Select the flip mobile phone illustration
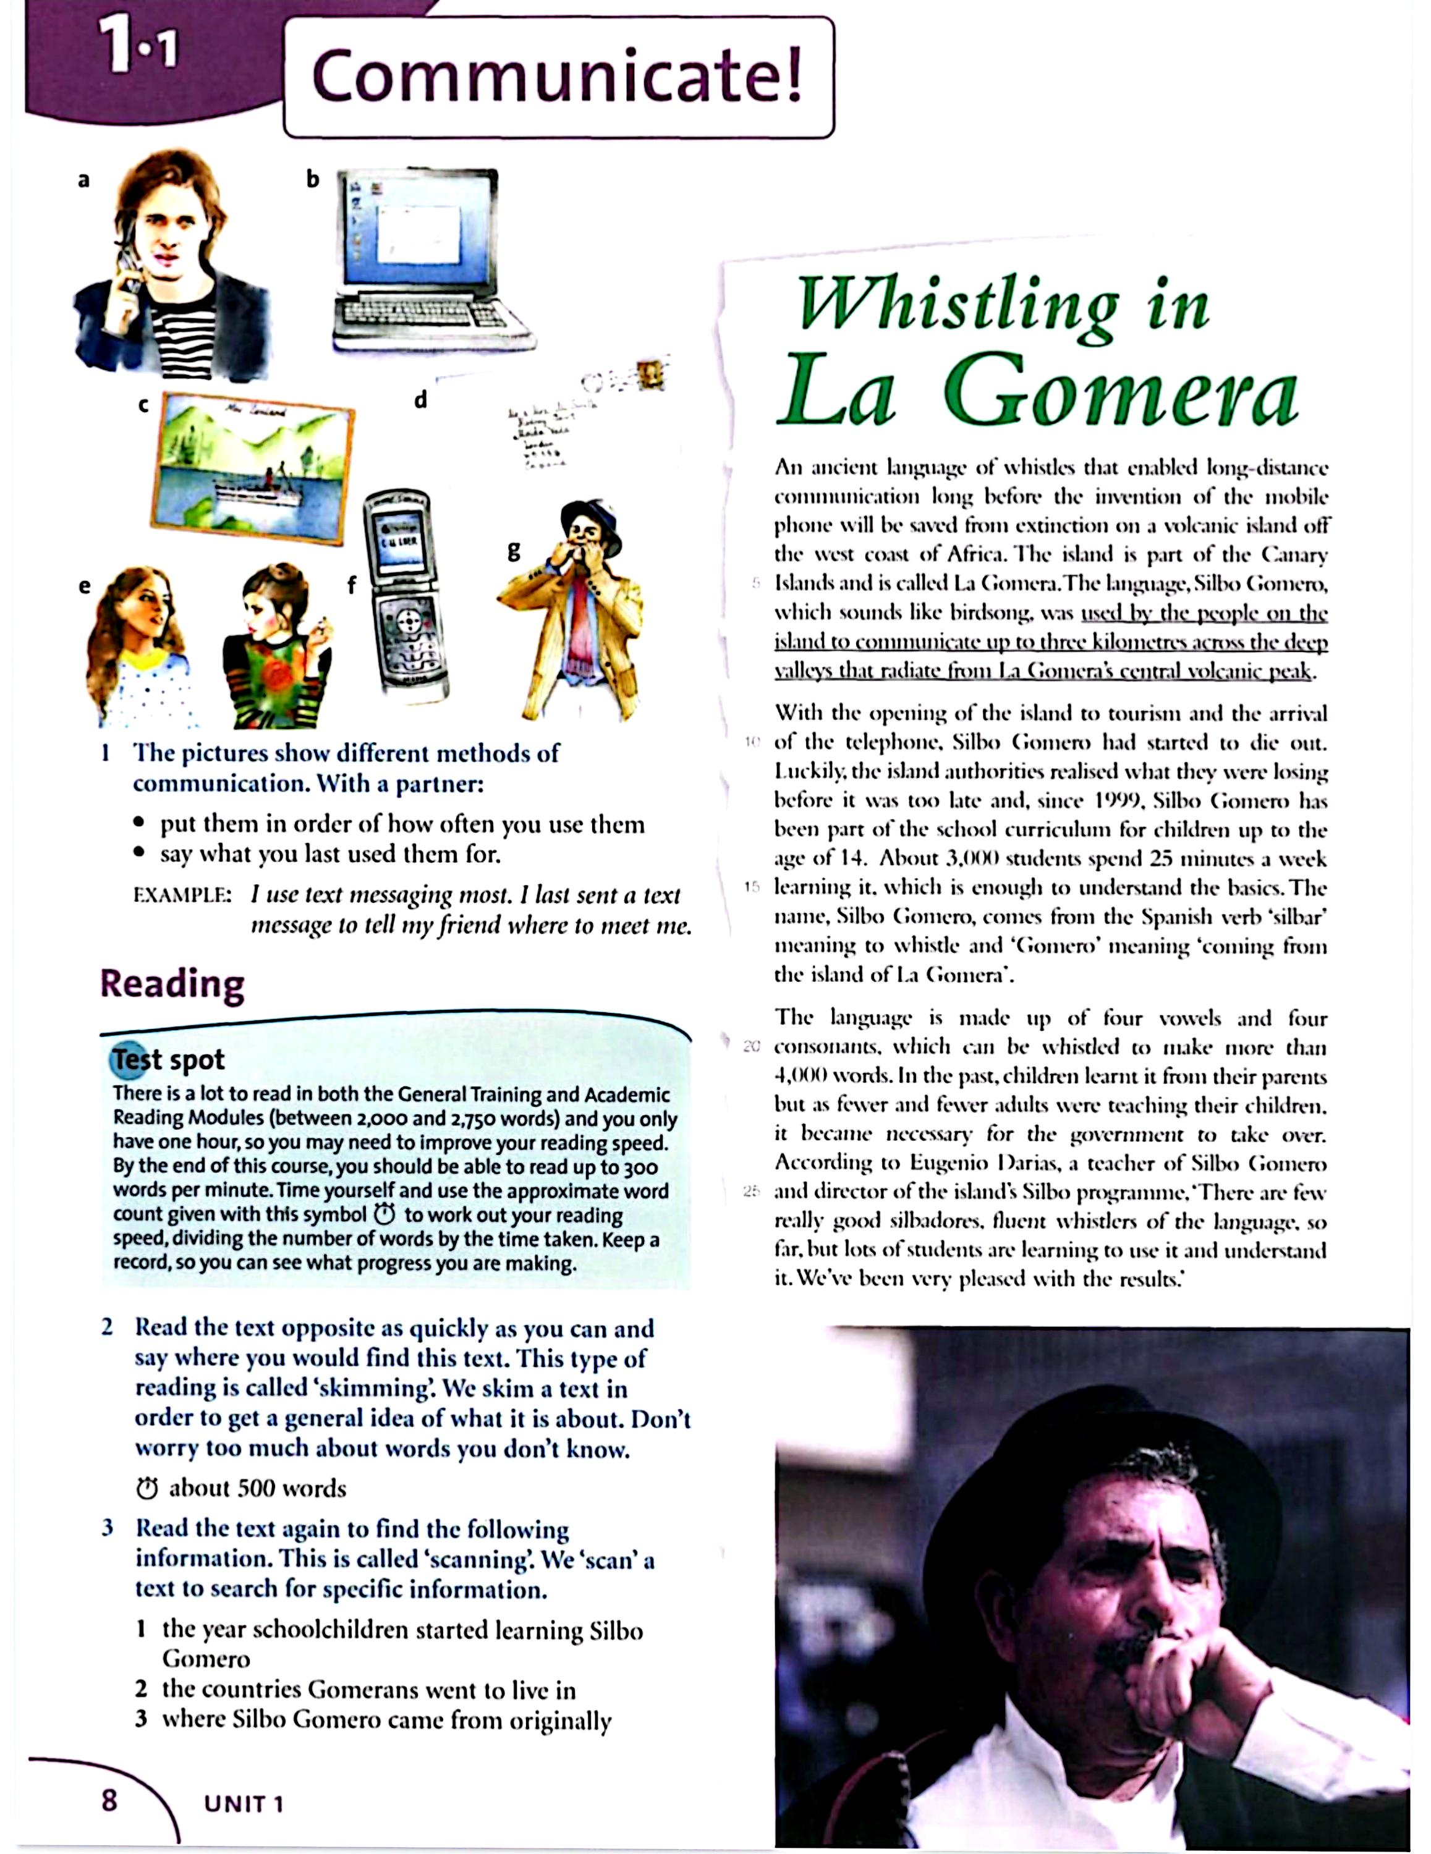pyautogui.click(x=406, y=595)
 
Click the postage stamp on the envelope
pyautogui.click(x=652, y=373)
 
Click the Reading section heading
pyautogui.click(x=172, y=984)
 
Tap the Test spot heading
pyautogui.click(x=168, y=1059)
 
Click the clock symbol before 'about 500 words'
pyautogui.click(x=147, y=1488)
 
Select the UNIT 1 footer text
pyautogui.click(x=243, y=1804)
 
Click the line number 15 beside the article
pyautogui.click(x=752, y=887)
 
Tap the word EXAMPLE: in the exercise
pyautogui.click(x=182, y=895)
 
